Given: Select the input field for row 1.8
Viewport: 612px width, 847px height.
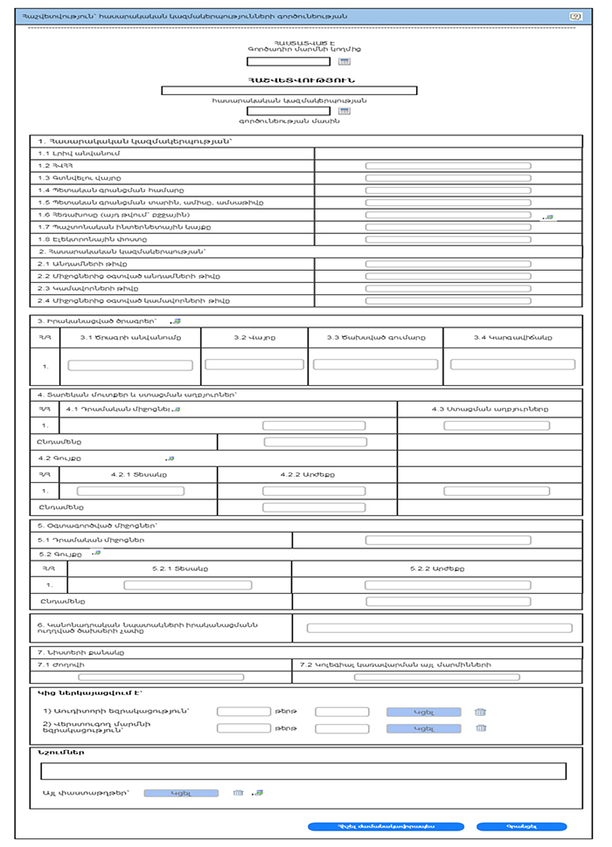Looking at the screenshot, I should (448, 238).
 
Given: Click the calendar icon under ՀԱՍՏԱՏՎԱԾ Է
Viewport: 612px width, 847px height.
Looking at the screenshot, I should (344, 62).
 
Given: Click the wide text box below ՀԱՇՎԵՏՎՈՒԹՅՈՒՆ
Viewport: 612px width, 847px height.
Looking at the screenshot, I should (289, 90).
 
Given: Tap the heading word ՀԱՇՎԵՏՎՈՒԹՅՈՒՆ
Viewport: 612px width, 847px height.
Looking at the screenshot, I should (289, 79).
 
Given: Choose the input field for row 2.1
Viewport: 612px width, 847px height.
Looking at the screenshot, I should (448, 263).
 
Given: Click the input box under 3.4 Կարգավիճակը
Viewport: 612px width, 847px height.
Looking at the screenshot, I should (512, 364).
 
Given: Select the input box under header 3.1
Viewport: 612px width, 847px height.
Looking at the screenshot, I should (130, 365).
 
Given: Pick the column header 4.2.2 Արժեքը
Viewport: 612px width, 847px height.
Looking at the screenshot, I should (307, 474).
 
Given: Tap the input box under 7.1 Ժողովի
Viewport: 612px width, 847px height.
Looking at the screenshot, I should (150, 677).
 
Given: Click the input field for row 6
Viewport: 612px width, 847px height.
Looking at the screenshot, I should (438, 627).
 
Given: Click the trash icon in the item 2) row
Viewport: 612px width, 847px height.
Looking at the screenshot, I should (480, 728).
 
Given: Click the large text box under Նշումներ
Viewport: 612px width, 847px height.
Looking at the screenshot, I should (303, 770).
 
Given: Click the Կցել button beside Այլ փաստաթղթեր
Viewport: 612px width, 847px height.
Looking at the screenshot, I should (180, 793).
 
